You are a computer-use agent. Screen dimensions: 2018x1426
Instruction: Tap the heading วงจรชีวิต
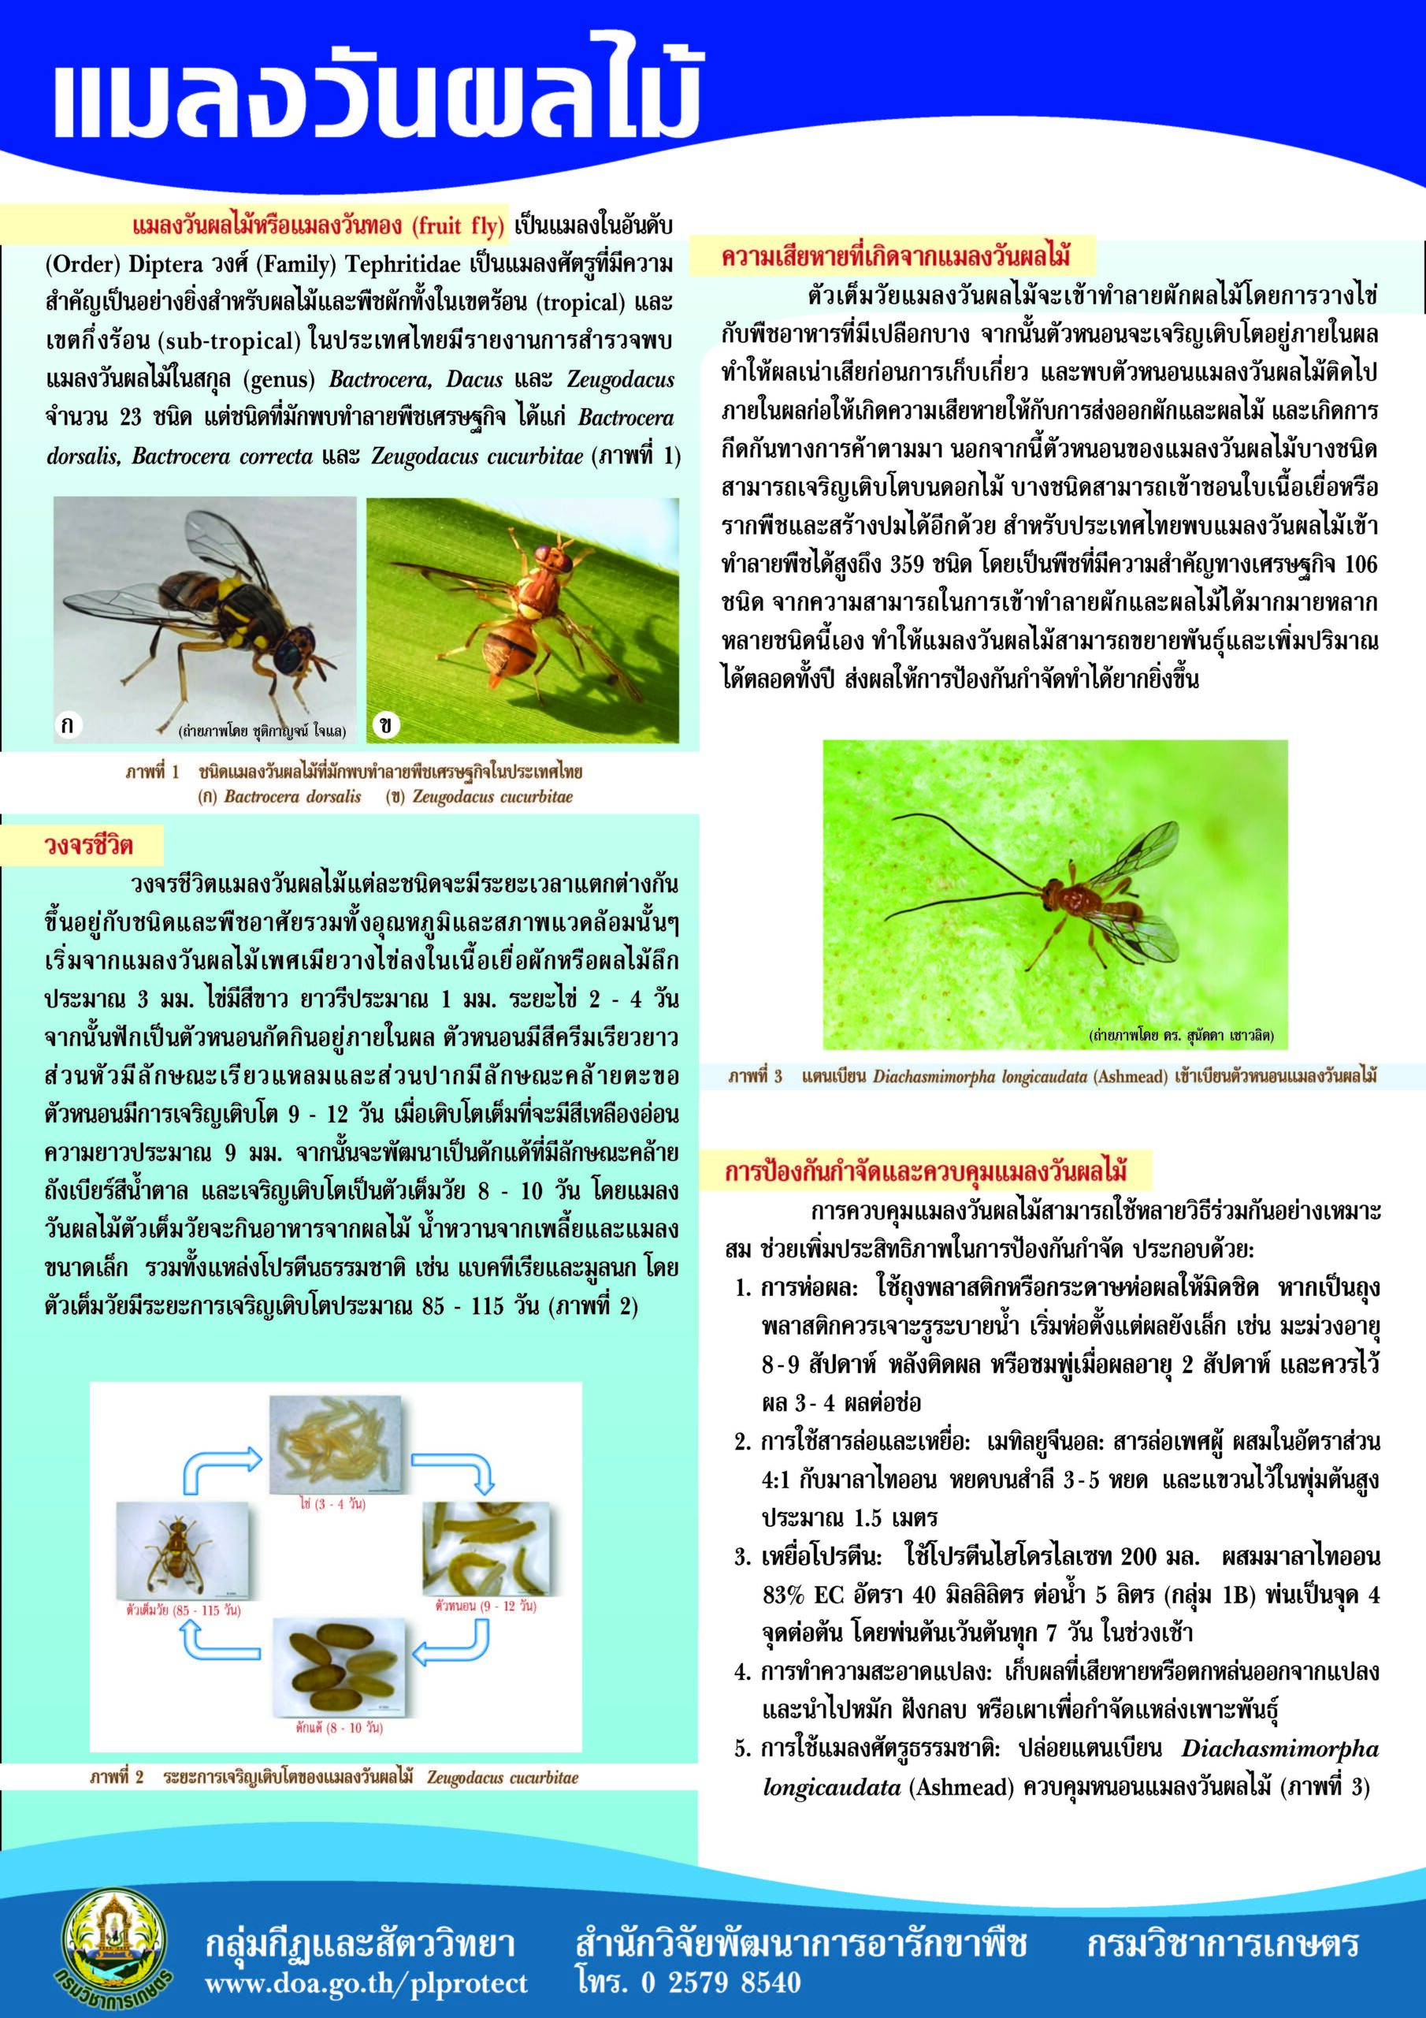pyautogui.click(x=89, y=846)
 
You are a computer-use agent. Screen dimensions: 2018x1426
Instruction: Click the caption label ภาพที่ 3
pyautogui.click(x=755, y=1076)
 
